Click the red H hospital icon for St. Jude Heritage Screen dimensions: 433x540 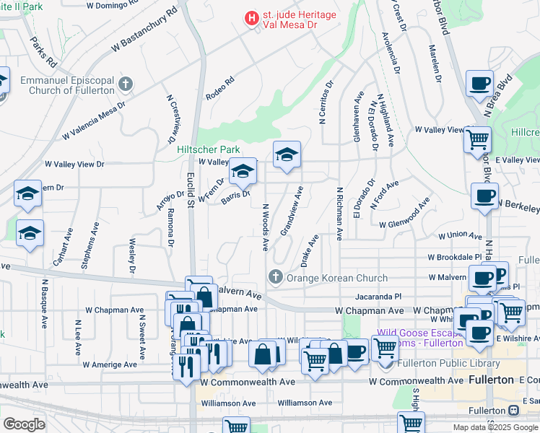(251, 17)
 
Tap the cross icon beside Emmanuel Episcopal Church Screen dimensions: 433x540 (126, 84)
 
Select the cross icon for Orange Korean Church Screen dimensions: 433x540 (275, 277)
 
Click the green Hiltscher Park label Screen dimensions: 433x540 (208, 149)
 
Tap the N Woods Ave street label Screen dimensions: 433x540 (265, 227)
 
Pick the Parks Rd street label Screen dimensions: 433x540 (38, 49)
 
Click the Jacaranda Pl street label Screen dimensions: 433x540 (378, 296)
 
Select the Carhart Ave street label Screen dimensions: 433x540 (68, 246)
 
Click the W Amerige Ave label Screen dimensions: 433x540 (110, 365)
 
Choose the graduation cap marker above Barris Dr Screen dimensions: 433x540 (243, 173)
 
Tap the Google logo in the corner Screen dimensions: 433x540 (24, 424)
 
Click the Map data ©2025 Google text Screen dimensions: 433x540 (495, 427)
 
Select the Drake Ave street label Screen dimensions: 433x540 (310, 248)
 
